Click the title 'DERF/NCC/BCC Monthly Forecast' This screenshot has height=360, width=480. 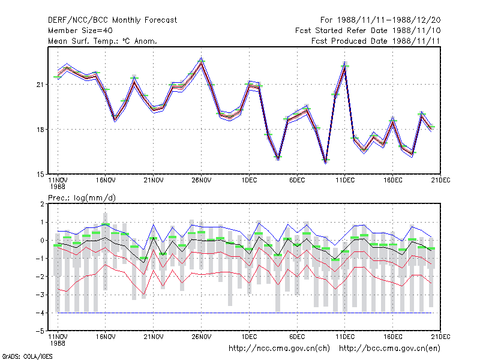click(x=112, y=20)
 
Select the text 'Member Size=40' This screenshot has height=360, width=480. click(x=80, y=31)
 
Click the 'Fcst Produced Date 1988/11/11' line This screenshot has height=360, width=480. click(x=376, y=41)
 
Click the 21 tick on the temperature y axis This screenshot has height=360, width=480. click(x=40, y=85)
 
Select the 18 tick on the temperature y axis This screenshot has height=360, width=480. click(x=40, y=130)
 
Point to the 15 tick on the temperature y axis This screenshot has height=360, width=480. click(x=40, y=175)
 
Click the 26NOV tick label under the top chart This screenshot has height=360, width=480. click(x=202, y=181)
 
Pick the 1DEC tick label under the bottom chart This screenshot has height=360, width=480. click(x=249, y=337)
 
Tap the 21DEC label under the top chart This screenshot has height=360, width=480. click(x=440, y=181)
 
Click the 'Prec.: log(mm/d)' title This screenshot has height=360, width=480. click(x=82, y=198)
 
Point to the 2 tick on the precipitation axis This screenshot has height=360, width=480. click(x=42, y=204)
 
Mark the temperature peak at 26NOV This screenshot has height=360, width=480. click(x=202, y=61)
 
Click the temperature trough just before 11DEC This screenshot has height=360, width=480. click(x=326, y=161)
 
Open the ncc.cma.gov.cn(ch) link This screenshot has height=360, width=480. click(x=279, y=349)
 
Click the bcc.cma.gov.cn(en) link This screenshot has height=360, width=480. click(x=389, y=349)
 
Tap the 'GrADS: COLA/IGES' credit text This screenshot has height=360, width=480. click(x=27, y=356)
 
